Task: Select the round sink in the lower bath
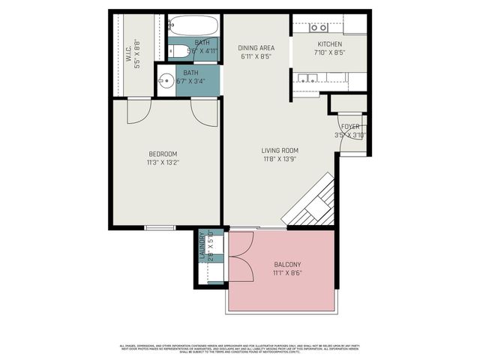(x=166, y=82)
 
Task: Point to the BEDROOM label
(x=162, y=154)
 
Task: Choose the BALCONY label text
(x=287, y=264)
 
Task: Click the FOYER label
(x=350, y=127)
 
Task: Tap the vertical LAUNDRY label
(x=202, y=248)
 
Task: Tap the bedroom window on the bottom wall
(x=160, y=226)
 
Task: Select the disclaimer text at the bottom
(x=240, y=349)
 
